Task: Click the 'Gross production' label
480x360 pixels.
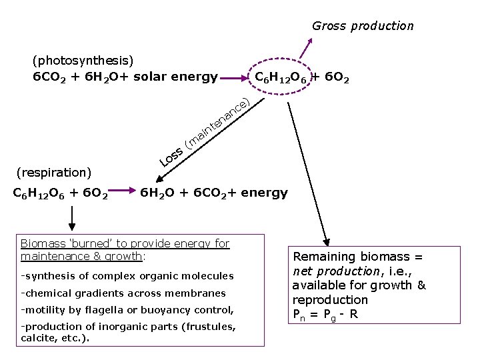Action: [x=363, y=26]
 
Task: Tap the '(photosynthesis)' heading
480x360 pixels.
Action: [x=83, y=61]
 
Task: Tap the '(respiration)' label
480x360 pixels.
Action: [x=53, y=173]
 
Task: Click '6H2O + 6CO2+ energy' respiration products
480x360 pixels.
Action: [x=213, y=193]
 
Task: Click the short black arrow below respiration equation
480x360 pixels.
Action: [x=72, y=217]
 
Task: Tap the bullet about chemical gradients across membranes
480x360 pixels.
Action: [x=123, y=293]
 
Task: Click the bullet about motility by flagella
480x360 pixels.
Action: [x=127, y=310]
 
